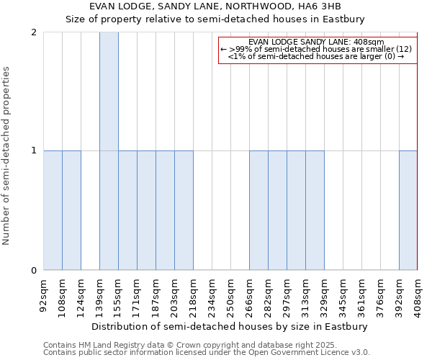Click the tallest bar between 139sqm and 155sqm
tap(109, 151)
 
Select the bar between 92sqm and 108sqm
tap(53, 210)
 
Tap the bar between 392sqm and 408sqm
tap(408, 210)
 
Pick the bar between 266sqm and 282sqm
tap(258, 210)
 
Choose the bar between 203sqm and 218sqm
tap(184, 210)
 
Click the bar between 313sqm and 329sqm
tap(315, 210)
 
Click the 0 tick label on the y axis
tap(34, 271)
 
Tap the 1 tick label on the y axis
tap(34, 151)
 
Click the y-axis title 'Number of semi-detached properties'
tap(7, 156)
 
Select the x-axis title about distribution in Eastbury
tap(230, 326)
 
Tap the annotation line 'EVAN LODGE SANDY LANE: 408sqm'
tap(317, 42)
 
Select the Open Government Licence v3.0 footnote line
tap(206, 353)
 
